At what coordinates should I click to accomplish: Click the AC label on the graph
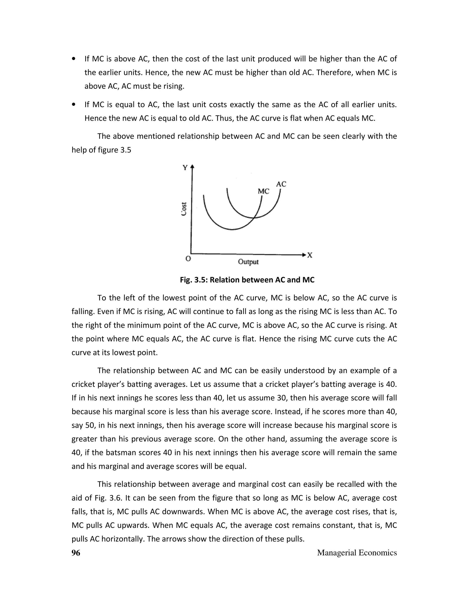pyautogui.click(x=281, y=184)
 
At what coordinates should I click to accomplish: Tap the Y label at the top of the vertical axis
pyautogui.click(x=185, y=168)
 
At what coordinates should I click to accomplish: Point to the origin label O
pyautogui.click(x=188, y=258)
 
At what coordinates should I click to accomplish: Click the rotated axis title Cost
pyautogui.click(x=184, y=209)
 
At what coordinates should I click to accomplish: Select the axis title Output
pyautogui.click(x=248, y=262)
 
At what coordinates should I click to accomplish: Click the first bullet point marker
pyautogui.click(x=74, y=59)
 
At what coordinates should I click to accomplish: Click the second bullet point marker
pyautogui.click(x=74, y=105)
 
